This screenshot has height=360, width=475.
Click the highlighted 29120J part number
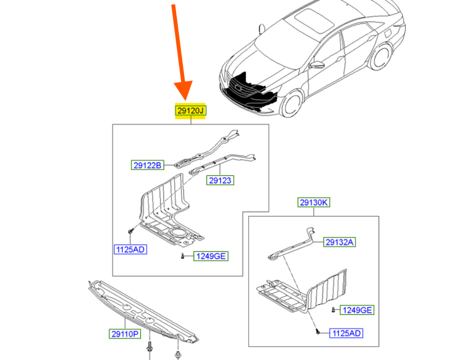tap(191, 111)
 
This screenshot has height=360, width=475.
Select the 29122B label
tap(147, 165)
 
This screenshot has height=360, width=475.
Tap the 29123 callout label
tap(220, 180)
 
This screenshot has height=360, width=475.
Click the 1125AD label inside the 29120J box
tap(130, 249)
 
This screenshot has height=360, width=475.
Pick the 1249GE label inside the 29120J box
tap(211, 256)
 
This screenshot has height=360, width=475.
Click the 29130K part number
tap(314, 202)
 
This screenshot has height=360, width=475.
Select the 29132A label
tap(339, 242)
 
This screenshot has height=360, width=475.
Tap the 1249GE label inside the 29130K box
tap(357, 310)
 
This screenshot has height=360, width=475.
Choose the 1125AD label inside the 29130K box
tap(346, 333)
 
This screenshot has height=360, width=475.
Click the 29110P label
tap(125, 334)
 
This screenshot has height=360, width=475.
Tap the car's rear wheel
tap(380, 57)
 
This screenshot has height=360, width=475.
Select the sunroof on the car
tap(314, 19)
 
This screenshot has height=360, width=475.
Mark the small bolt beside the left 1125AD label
tap(131, 231)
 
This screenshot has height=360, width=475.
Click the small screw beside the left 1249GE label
tap(182, 256)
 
